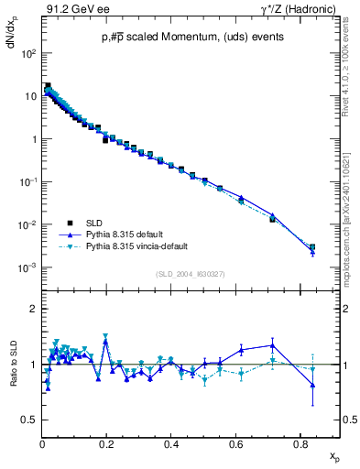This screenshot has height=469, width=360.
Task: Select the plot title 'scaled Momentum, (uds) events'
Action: click(193, 38)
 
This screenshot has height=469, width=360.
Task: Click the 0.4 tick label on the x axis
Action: click(172, 445)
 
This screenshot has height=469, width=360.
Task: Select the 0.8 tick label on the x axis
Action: click(300, 445)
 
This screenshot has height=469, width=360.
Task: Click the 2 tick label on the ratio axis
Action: click(32, 310)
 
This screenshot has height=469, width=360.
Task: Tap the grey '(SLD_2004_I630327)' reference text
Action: click(191, 273)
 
